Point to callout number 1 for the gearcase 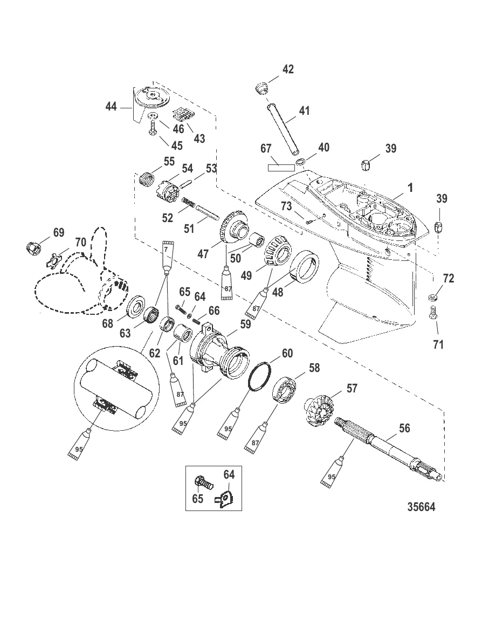tap(411, 188)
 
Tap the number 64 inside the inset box tap(229, 475)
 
